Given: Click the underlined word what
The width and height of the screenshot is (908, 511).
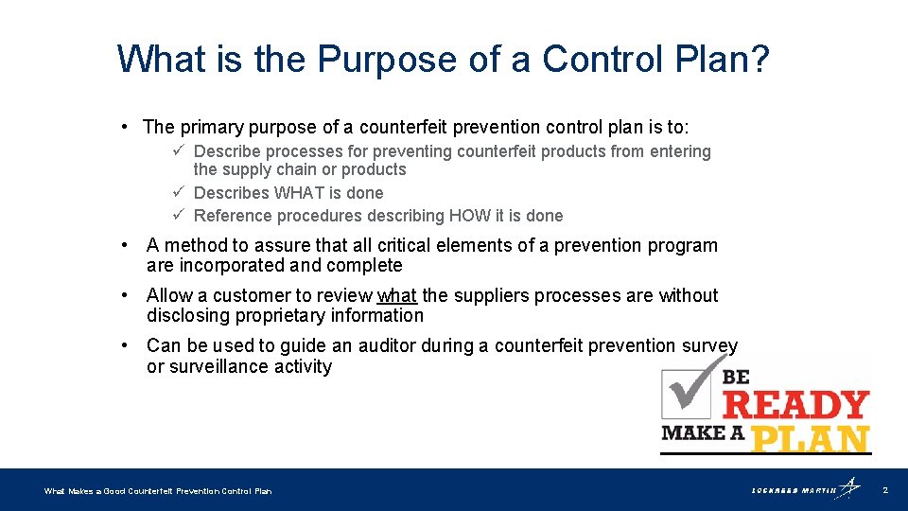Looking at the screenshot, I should [397, 296].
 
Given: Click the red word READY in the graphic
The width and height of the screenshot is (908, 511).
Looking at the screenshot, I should [795, 405].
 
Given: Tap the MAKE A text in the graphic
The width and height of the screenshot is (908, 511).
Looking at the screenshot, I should [702, 433].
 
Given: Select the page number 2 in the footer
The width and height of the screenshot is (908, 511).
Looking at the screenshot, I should [884, 490].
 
